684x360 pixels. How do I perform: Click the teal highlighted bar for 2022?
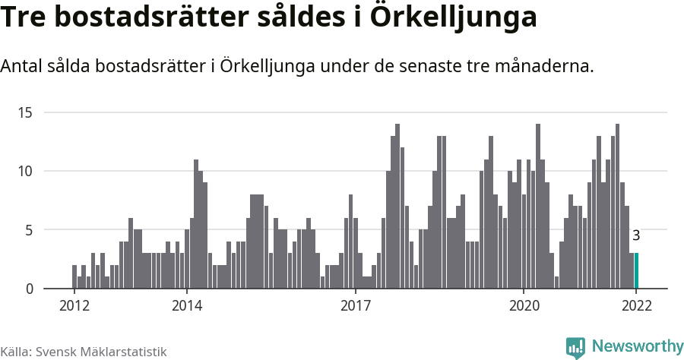pyautogui.click(x=636, y=271)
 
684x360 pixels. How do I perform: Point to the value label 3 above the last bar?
pyautogui.click(x=636, y=236)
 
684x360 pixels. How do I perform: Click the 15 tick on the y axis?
pyautogui.click(x=26, y=112)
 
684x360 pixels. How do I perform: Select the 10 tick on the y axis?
pyautogui.click(x=26, y=171)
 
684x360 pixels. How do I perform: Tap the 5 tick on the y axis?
pyautogui.click(x=29, y=229)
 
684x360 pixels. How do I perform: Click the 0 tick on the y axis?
pyautogui.click(x=29, y=289)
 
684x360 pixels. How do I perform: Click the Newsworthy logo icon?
pyautogui.click(x=575, y=347)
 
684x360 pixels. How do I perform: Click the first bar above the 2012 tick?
pyautogui.click(x=74, y=276)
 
